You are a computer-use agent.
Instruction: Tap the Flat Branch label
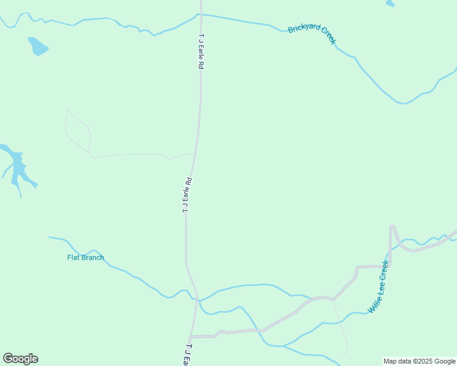pyautogui.click(x=86, y=257)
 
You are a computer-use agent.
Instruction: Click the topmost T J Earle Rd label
pyautogui.click(x=200, y=51)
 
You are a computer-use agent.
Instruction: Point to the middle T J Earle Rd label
pyautogui.click(x=188, y=195)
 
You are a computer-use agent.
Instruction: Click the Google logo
pyautogui.click(x=20, y=359)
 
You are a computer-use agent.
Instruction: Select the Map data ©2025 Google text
pyautogui.click(x=420, y=361)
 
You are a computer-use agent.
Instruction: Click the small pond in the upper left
pyautogui.click(x=37, y=46)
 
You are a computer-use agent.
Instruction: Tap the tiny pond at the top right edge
pyautogui.click(x=390, y=3)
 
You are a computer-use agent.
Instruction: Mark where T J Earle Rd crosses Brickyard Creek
pyautogui.click(x=200, y=14)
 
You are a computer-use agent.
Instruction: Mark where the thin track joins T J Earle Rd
pyautogui.click(x=195, y=154)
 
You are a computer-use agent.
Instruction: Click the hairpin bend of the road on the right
pyautogui.click(x=392, y=227)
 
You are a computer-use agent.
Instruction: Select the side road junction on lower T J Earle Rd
pyautogui.click(x=191, y=336)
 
